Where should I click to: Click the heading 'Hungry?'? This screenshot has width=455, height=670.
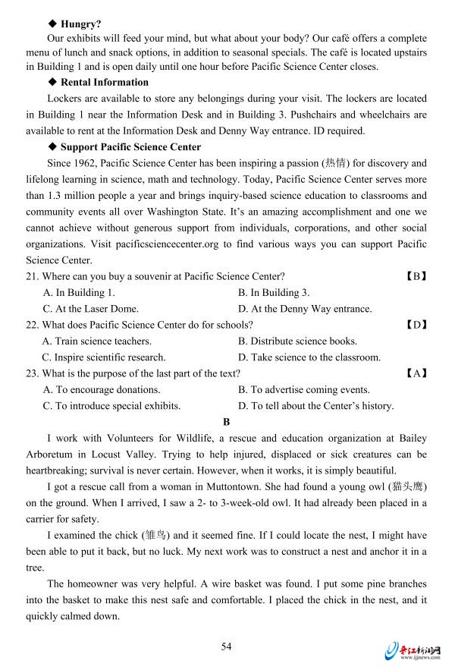(81, 24)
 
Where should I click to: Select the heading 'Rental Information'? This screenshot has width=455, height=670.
(105, 82)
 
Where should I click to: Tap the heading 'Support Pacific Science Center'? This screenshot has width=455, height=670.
(130, 146)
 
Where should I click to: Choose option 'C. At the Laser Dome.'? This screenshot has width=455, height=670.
(91, 309)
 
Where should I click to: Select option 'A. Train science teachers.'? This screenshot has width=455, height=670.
(97, 341)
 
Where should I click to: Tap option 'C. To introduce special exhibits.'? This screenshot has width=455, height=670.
(111, 406)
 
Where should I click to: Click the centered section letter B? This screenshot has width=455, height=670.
(226, 422)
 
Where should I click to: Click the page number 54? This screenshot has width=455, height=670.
(226, 646)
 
